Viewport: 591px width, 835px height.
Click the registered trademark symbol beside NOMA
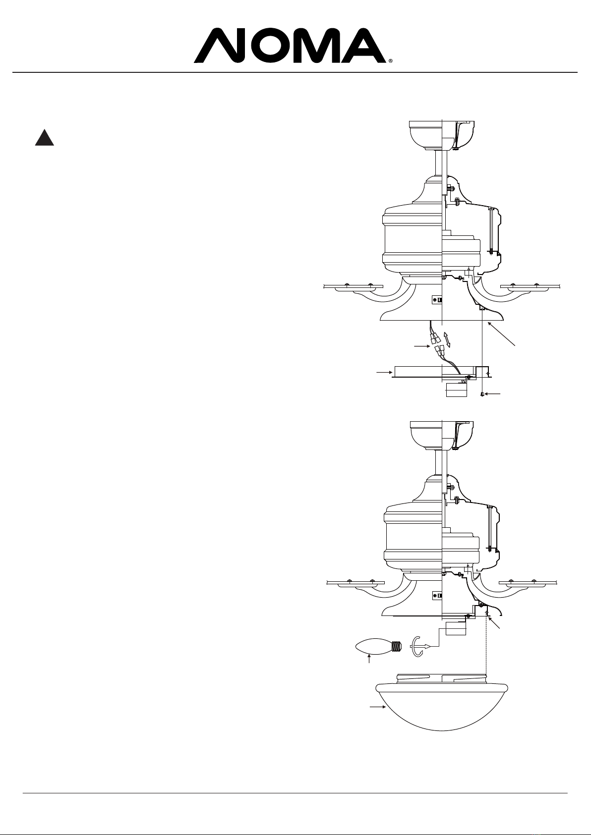pos(390,60)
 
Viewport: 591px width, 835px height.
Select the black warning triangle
pos(44,137)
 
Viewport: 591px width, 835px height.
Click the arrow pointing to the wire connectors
pos(422,346)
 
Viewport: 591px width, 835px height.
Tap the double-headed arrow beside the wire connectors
pos(447,339)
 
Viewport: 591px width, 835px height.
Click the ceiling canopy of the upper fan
pos(442,135)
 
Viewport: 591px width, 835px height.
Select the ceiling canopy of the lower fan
pos(442,436)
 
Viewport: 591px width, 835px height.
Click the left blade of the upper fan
pos(353,286)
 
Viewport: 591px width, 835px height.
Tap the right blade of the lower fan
pos(528,582)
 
